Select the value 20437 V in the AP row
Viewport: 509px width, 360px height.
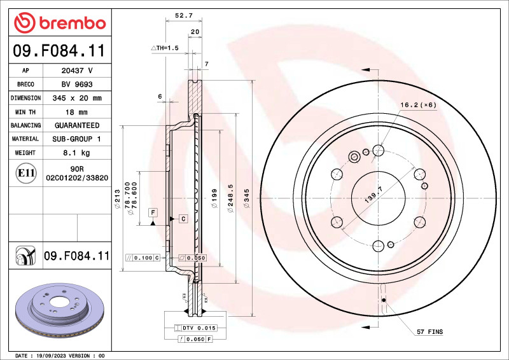coord(76,71)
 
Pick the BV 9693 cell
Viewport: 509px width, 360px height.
coord(76,84)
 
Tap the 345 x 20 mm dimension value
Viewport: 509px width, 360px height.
coord(76,98)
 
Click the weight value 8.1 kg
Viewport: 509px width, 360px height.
coord(76,153)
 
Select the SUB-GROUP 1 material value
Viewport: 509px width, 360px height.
coord(76,139)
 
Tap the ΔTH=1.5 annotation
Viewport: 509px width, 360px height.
coord(165,48)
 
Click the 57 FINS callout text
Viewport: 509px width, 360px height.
coord(430,332)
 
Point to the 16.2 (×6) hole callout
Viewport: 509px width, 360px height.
coord(418,105)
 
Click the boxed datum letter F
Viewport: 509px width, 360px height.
coord(153,211)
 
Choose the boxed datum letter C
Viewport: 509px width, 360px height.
coord(183,219)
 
